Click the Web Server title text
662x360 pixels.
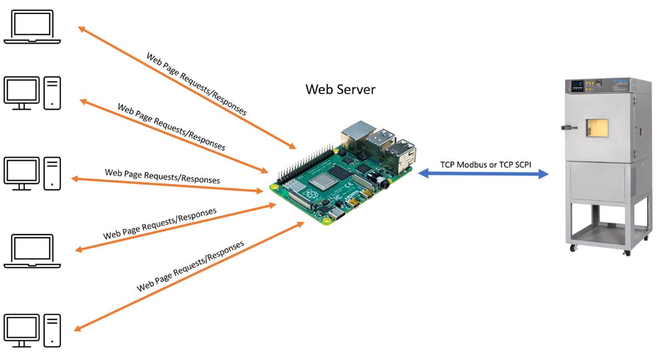pos(340,89)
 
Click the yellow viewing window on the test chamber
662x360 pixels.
pos(597,128)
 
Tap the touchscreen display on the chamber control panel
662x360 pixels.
pos(578,86)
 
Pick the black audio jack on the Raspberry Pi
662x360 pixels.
pos(385,183)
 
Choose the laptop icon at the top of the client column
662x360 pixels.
pos(32,28)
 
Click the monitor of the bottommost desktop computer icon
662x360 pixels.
pos(21,327)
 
